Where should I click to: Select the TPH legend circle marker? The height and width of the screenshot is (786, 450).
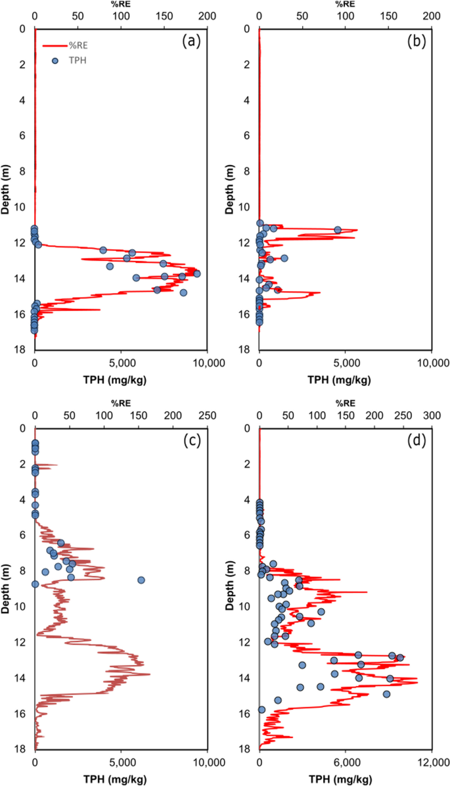(x=56, y=61)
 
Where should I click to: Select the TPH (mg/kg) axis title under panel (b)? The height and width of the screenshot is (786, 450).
(x=345, y=379)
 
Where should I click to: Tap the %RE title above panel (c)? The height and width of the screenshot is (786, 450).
(x=121, y=404)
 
